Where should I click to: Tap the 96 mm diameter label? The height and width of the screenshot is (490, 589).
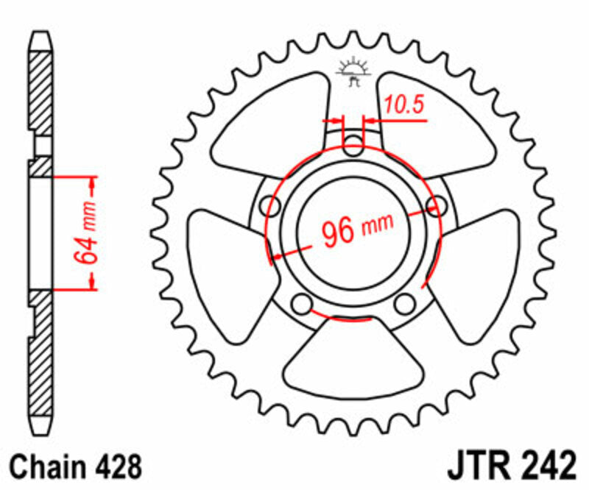357,230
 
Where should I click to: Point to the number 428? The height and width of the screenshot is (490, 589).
116,466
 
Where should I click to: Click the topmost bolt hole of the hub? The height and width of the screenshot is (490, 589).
354,145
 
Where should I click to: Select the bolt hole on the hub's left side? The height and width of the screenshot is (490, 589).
270,207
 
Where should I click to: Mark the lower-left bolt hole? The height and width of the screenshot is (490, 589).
301,303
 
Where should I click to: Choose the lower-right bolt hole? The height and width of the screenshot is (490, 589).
405,303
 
